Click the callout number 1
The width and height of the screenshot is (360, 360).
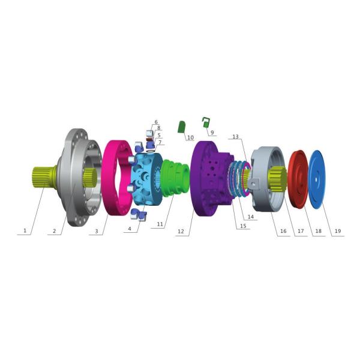25,230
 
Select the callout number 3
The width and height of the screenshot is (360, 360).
97,231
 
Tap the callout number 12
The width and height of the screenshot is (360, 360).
181,231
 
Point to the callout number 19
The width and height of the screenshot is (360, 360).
338,231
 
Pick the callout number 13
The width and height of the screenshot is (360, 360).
236,137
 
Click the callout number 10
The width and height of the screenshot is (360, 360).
191,137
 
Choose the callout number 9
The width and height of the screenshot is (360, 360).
212,133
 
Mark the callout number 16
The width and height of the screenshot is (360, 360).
283,231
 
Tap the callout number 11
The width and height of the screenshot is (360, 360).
160,224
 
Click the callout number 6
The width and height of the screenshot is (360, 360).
156,122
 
